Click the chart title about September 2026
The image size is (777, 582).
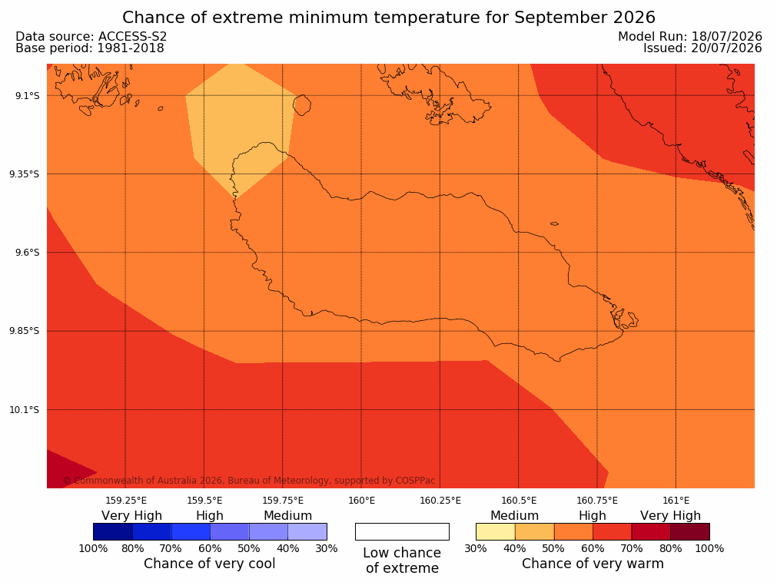389,18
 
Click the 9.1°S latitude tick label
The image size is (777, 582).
28,95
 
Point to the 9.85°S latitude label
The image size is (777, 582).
25,331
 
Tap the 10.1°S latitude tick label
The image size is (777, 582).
25,410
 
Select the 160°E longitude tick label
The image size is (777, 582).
362,501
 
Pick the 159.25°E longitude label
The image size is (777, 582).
126,501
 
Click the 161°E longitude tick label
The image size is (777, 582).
676,501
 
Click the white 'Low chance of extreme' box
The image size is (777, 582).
403,531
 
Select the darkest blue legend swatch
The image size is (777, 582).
113,531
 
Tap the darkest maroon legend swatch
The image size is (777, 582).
690,531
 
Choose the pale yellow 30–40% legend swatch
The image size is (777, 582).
496,531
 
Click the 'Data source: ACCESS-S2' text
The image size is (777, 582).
91,37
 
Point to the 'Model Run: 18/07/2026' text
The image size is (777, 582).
690,37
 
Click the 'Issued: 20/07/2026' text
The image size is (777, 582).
702,48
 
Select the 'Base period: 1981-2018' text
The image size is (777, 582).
90,48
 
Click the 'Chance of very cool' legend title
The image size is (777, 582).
210,564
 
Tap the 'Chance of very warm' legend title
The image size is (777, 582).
593,564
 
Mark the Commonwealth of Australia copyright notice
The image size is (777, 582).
249,481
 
